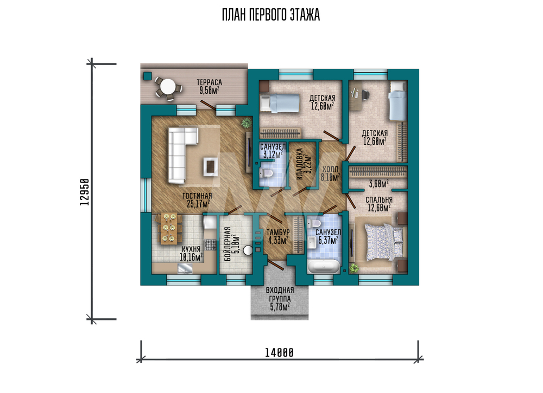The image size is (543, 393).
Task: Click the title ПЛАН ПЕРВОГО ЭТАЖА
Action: click(271, 15)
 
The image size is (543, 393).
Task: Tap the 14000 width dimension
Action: click(280, 353)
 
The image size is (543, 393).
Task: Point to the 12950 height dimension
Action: click(84, 192)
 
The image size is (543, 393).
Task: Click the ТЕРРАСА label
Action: click(209, 82)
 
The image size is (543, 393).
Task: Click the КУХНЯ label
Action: click(191, 249)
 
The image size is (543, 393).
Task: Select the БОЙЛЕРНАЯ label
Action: click(228, 244)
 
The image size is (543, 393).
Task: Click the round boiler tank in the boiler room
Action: click(248, 250)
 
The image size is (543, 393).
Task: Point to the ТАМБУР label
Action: click(278, 232)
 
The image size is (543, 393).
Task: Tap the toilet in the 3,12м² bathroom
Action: click(268, 172)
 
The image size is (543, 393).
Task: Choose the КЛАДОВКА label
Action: click(300, 164)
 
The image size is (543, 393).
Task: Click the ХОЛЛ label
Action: click(330, 169)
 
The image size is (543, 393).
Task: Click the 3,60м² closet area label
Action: click(378, 184)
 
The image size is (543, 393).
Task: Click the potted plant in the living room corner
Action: click(247, 123)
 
